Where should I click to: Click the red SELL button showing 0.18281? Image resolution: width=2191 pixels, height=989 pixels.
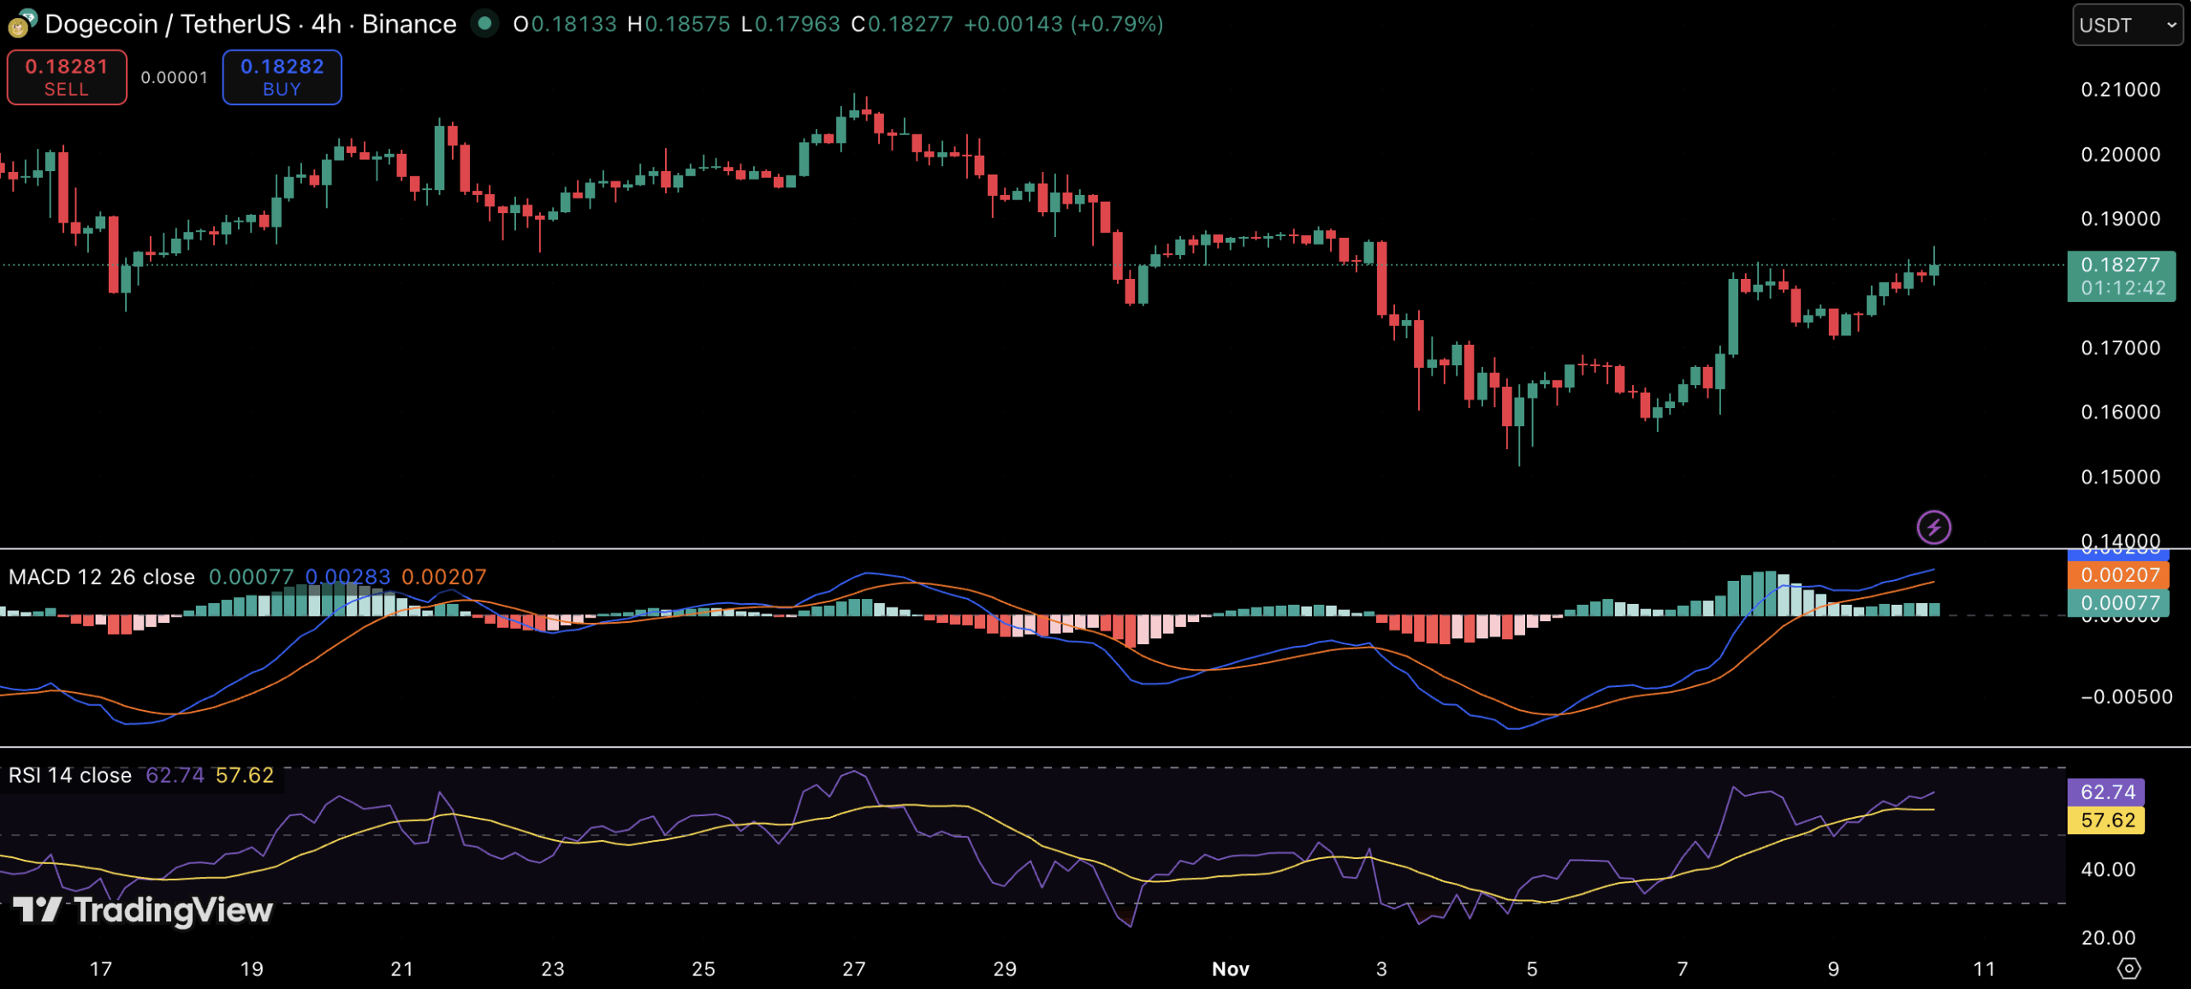click(x=67, y=77)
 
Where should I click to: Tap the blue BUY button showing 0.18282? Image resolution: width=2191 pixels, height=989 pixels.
click(x=282, y=77)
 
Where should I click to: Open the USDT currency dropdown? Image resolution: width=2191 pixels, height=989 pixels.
click(x=2127, y=25)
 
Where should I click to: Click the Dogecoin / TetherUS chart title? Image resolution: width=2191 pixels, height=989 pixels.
click(x=250, y=24)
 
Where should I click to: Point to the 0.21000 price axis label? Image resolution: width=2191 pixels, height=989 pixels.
click(x=2120, y=90)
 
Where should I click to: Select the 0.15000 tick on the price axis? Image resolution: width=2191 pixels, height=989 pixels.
click(x=2120, y=477)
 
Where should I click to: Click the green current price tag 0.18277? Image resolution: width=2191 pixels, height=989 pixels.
click(x=2120, y=275)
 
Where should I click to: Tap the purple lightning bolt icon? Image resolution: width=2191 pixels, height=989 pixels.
click(x=1933, y=527)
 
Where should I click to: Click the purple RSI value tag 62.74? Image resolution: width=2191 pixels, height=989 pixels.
click(x=2106, y=792)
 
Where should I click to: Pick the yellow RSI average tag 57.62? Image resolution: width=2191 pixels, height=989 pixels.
click(x=2106, y=820)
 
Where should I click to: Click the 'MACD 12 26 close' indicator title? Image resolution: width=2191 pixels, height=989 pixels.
click(x=102, y=577)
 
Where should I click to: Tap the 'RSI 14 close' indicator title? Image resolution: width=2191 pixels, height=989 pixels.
click(x=70, y=776)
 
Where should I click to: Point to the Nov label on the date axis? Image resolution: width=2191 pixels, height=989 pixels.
click(x=1231, y=969)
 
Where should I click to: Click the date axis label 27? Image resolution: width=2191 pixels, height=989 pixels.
click(x=854, y=969)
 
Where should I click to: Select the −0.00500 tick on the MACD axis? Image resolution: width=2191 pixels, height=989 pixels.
click(x=2126, y=697)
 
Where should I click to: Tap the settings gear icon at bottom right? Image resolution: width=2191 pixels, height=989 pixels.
click(x=2129, y=968)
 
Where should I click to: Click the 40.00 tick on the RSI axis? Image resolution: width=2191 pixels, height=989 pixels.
click(x=2108, y=870)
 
